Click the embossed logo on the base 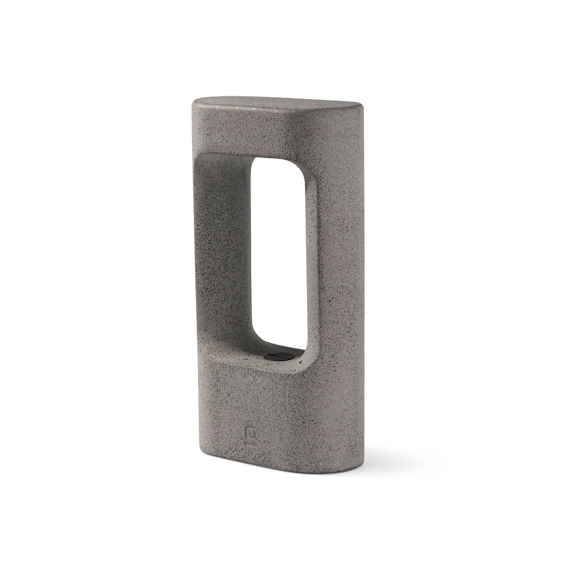pos(252,434)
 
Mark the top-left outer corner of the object pos(195,105)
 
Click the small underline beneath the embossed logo pos(252,443)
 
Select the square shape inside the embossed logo pos(252,433)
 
